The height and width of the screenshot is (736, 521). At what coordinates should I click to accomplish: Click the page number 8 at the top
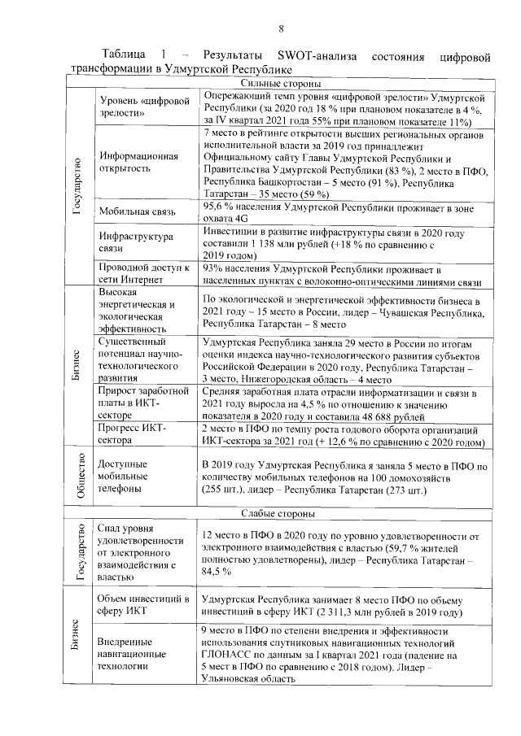(x=280, y=30)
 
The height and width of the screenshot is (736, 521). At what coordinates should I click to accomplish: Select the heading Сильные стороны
(x=280, y=83)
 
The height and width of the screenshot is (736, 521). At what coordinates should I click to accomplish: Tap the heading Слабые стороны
(x=280, y=514)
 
